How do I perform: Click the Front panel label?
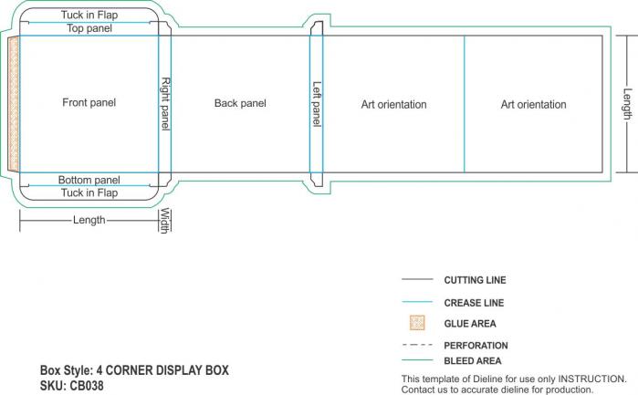(89, 102)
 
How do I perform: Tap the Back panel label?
(240, 103)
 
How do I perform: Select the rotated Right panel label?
(165, 104)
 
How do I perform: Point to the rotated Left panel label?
(317, 104)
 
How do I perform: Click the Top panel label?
(89, 28)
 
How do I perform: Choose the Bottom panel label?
(89, 180)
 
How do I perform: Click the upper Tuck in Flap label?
(89, 15)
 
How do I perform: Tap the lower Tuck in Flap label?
(89, 192)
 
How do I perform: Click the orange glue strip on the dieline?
(14, 104)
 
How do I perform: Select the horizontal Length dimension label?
(89, 220)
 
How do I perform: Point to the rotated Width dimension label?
(164, 221)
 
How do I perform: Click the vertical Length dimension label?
(627, 104)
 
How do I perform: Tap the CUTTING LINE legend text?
(475, 280)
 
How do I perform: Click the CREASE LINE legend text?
(474, 303)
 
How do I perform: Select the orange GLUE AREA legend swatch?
(417, 323)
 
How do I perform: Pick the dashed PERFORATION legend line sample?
(417, 345)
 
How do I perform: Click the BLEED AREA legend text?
(473, 361)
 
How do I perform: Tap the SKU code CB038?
(87, 386)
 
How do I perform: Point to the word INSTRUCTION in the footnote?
(592, 379)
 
